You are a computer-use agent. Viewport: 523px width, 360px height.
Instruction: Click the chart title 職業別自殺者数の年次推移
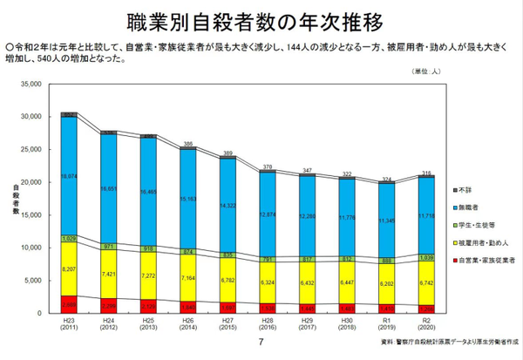point(261,18)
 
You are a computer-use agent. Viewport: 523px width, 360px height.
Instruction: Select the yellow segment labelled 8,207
point(69,270)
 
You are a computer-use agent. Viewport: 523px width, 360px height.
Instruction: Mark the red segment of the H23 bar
point(69,304)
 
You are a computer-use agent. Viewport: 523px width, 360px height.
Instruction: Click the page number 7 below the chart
point(261,342)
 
